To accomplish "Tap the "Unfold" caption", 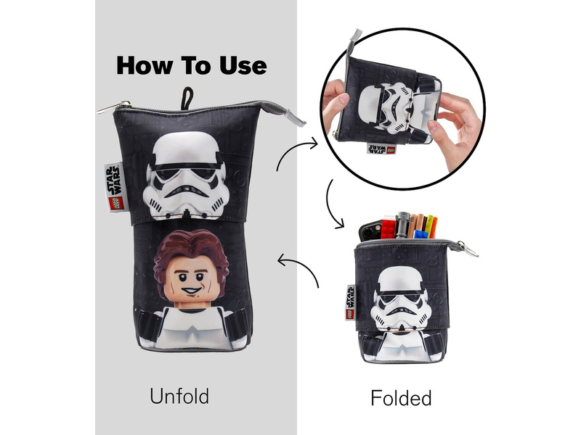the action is (179, 396).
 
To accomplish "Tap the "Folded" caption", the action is (401, 397).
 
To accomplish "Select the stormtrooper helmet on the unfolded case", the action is (184, 175).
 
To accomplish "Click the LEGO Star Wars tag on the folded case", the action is (351, 302).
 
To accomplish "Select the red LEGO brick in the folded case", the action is (388, 228).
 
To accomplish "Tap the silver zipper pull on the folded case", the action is (468, 249).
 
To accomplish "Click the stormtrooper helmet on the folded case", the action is (400, 298).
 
